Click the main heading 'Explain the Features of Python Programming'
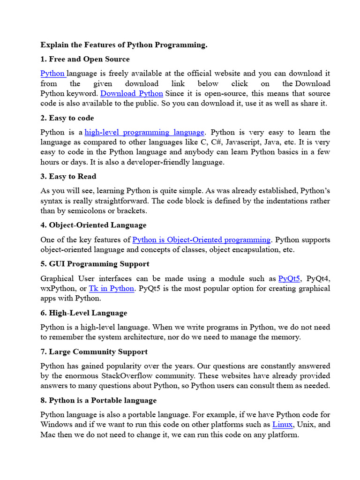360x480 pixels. point(124,45)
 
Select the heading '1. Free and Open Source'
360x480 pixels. point(85,59)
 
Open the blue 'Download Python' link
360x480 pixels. point(132,93)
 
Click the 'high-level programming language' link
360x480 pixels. point(144,132)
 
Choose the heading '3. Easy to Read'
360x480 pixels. point(68,176)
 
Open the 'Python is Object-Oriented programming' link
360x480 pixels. point(202,240)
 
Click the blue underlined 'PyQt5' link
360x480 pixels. point(289,278)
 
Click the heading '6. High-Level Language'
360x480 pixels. point(84,313)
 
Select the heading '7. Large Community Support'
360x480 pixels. point(94,352)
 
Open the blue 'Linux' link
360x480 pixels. point(283,425)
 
